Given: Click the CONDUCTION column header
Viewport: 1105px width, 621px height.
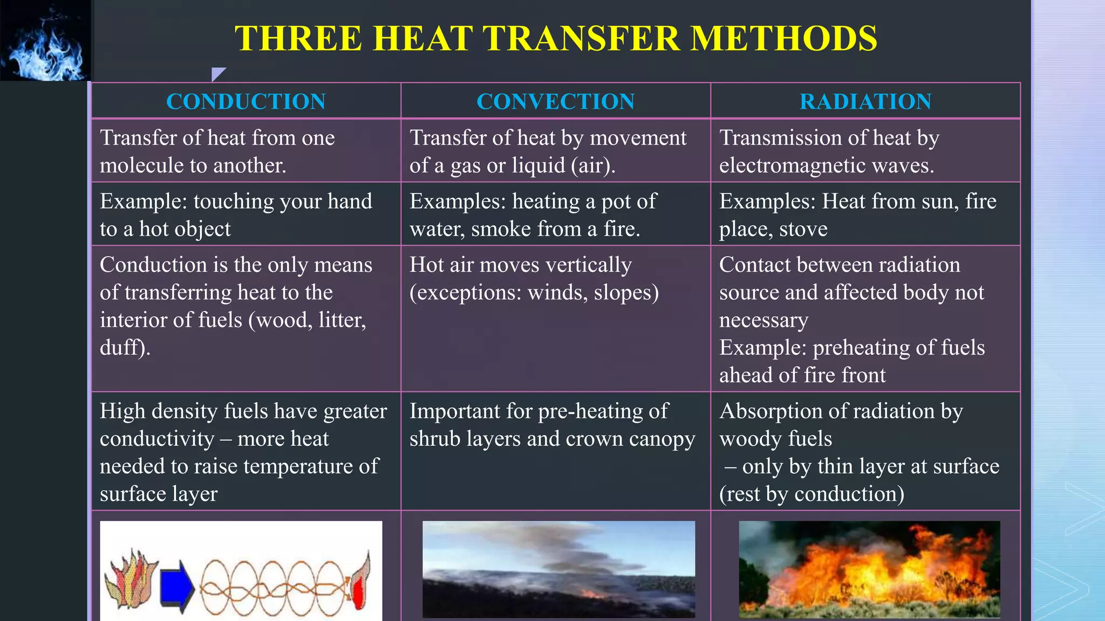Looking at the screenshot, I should (245, 101).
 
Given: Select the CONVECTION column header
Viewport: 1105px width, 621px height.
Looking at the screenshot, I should (555, 101).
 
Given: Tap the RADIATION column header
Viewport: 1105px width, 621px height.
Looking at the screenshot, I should (865, 101).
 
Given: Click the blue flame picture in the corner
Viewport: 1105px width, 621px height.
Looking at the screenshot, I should (45, 40).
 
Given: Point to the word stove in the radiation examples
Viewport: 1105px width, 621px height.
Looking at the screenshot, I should (803, 229).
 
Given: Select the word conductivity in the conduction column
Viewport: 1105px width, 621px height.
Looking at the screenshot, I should (157, 439).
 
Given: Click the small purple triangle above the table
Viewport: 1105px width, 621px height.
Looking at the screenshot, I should (217, 74).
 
